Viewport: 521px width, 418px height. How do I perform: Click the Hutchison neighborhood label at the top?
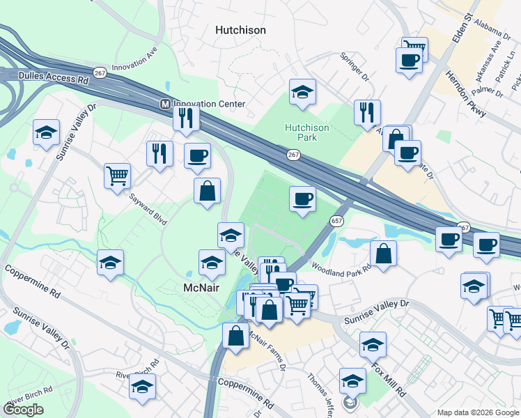tap(241, 30)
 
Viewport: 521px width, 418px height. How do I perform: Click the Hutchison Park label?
tap(306, 132)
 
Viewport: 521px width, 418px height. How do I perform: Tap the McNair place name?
tap(202, 288)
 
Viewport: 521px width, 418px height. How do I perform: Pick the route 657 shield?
tap(336, 220)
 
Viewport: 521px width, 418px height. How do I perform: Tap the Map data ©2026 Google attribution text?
tap(478, 412)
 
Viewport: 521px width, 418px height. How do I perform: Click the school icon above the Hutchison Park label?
tap(302, 92)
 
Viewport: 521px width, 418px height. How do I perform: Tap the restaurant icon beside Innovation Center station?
tap(186, 118)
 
